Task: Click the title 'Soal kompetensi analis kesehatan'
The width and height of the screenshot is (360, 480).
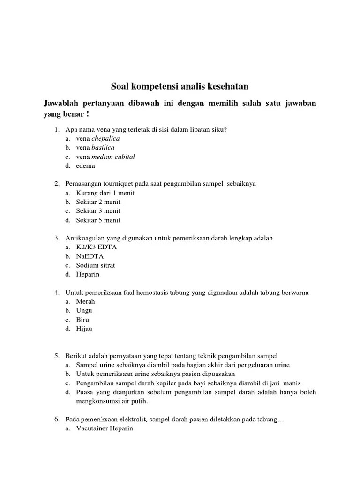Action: [x=180, y=87]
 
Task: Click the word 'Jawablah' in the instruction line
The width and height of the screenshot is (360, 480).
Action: [x=63, y=103]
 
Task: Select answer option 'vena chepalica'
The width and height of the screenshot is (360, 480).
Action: [x=98, y=139]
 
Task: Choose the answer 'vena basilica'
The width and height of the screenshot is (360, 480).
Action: [x=95, y=148]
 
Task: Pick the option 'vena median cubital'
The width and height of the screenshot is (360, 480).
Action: [x=105, y=157]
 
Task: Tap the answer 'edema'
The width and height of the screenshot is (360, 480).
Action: [x=86, y=165]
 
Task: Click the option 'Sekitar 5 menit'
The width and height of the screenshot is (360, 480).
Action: [x=98, y=220]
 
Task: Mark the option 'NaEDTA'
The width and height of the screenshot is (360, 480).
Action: [x=90, y=256]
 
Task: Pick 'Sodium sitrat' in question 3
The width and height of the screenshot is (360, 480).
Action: [x=96, y=265]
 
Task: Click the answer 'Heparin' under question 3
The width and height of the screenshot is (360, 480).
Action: [x=88, y=274]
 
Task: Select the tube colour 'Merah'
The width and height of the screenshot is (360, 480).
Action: [x=86, y=301]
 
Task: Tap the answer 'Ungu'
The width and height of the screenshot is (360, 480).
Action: [x=84, y=310]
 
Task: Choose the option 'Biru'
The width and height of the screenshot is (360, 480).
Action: [x=83, y=320]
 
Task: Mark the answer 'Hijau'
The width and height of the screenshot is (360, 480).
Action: [x=84, y=329]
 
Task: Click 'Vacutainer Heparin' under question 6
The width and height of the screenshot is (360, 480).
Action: [x=105, y=428]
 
